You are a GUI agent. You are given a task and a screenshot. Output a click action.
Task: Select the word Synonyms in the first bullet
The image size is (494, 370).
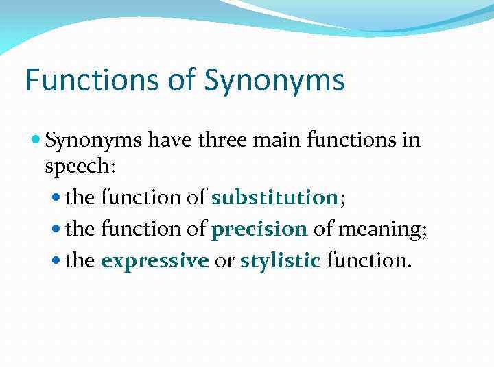click(x=93, y=141)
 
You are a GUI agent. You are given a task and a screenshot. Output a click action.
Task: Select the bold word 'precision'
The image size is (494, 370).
click(x=259, y=229)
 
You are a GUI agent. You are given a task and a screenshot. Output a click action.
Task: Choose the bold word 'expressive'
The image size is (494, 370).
click(x=154, y=261)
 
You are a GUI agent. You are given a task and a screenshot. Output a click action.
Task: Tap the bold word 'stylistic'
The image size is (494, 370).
click(x=280, y=261)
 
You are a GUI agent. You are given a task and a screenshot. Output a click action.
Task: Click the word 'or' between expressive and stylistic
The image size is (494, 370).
click(x=224, y=261)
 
